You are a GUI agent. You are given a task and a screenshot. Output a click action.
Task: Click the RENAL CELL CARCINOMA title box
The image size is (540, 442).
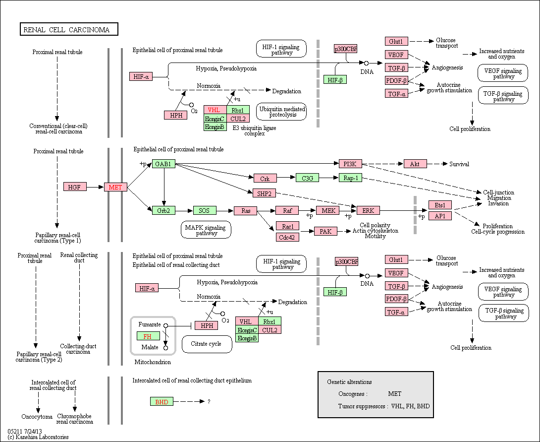click(x=69, y=29)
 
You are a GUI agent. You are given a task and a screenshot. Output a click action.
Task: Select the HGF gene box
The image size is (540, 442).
click(x=75, y=187)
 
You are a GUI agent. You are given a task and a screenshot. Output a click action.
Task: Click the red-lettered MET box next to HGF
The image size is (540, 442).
click(x=115, y=187)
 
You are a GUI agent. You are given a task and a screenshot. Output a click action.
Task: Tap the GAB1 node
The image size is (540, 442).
click(x=163, y=164)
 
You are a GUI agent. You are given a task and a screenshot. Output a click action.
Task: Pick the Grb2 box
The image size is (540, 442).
click(x=163, y=210)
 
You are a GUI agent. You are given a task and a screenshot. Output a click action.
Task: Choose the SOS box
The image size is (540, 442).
click(x=205, y=210)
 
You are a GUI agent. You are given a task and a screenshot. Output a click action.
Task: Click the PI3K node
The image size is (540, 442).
click(x=350, y=164)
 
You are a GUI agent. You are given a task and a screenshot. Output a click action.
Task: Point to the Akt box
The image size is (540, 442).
click(x=415, y=164)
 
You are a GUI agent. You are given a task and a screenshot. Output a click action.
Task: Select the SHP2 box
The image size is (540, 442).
click(x=264, y=193)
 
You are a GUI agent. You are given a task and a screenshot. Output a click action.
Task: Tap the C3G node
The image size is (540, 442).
click(x=308, y=178)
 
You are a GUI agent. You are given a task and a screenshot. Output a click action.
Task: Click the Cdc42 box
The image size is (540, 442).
click(x=287, y=237)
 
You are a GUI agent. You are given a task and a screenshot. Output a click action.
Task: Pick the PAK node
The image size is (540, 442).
click(x=325, y=231)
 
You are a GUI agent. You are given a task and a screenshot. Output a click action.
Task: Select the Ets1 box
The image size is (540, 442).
click(x=440, y=205)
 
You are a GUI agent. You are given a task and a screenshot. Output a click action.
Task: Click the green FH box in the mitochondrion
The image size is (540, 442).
click(x=148, y=336)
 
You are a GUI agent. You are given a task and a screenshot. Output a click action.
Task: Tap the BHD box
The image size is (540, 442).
click(x=162, y=402)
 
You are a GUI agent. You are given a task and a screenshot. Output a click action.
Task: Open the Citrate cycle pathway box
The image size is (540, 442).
click(x=207, y=344)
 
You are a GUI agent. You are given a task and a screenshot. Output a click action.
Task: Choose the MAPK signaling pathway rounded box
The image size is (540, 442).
click(x=206, y=230)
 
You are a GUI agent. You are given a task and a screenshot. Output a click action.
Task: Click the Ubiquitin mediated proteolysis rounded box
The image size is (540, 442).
click(x=281, y=112)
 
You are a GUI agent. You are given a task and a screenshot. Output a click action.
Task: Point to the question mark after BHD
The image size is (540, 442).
click(x=209, y=402)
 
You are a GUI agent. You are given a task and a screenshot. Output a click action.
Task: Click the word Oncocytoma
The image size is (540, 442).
click(x=37, y=417)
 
